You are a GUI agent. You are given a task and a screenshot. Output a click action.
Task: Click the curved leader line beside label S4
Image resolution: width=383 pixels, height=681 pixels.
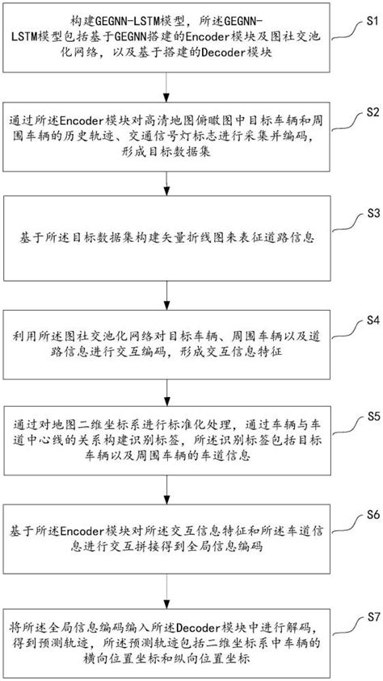pyautogui.click(x=343, y=328)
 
